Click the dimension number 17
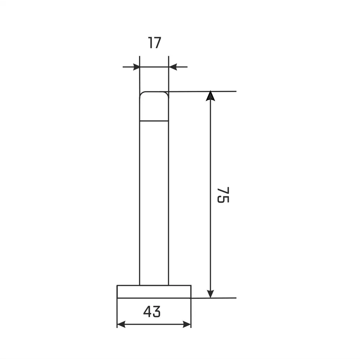pyautogui.click(x=155, y=43)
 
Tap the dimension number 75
pyautogui.click(x=223, y=195)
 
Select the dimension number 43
pyautogui.click(x=152, y=311)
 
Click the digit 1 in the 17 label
pyautogui.click(x=150, y=43)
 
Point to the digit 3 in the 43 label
pyautogui.click(x=157, y=311)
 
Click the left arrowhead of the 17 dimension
pyautogui.click(x=136, y=67)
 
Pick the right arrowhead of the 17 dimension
pyautogui.click(x=172, y=67)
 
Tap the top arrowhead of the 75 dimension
pyautogui.click(x=210, y=96)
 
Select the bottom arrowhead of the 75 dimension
pyautogui.click(x=210, y=294)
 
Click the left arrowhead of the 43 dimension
pyautogui.click(x=121, y=324)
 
